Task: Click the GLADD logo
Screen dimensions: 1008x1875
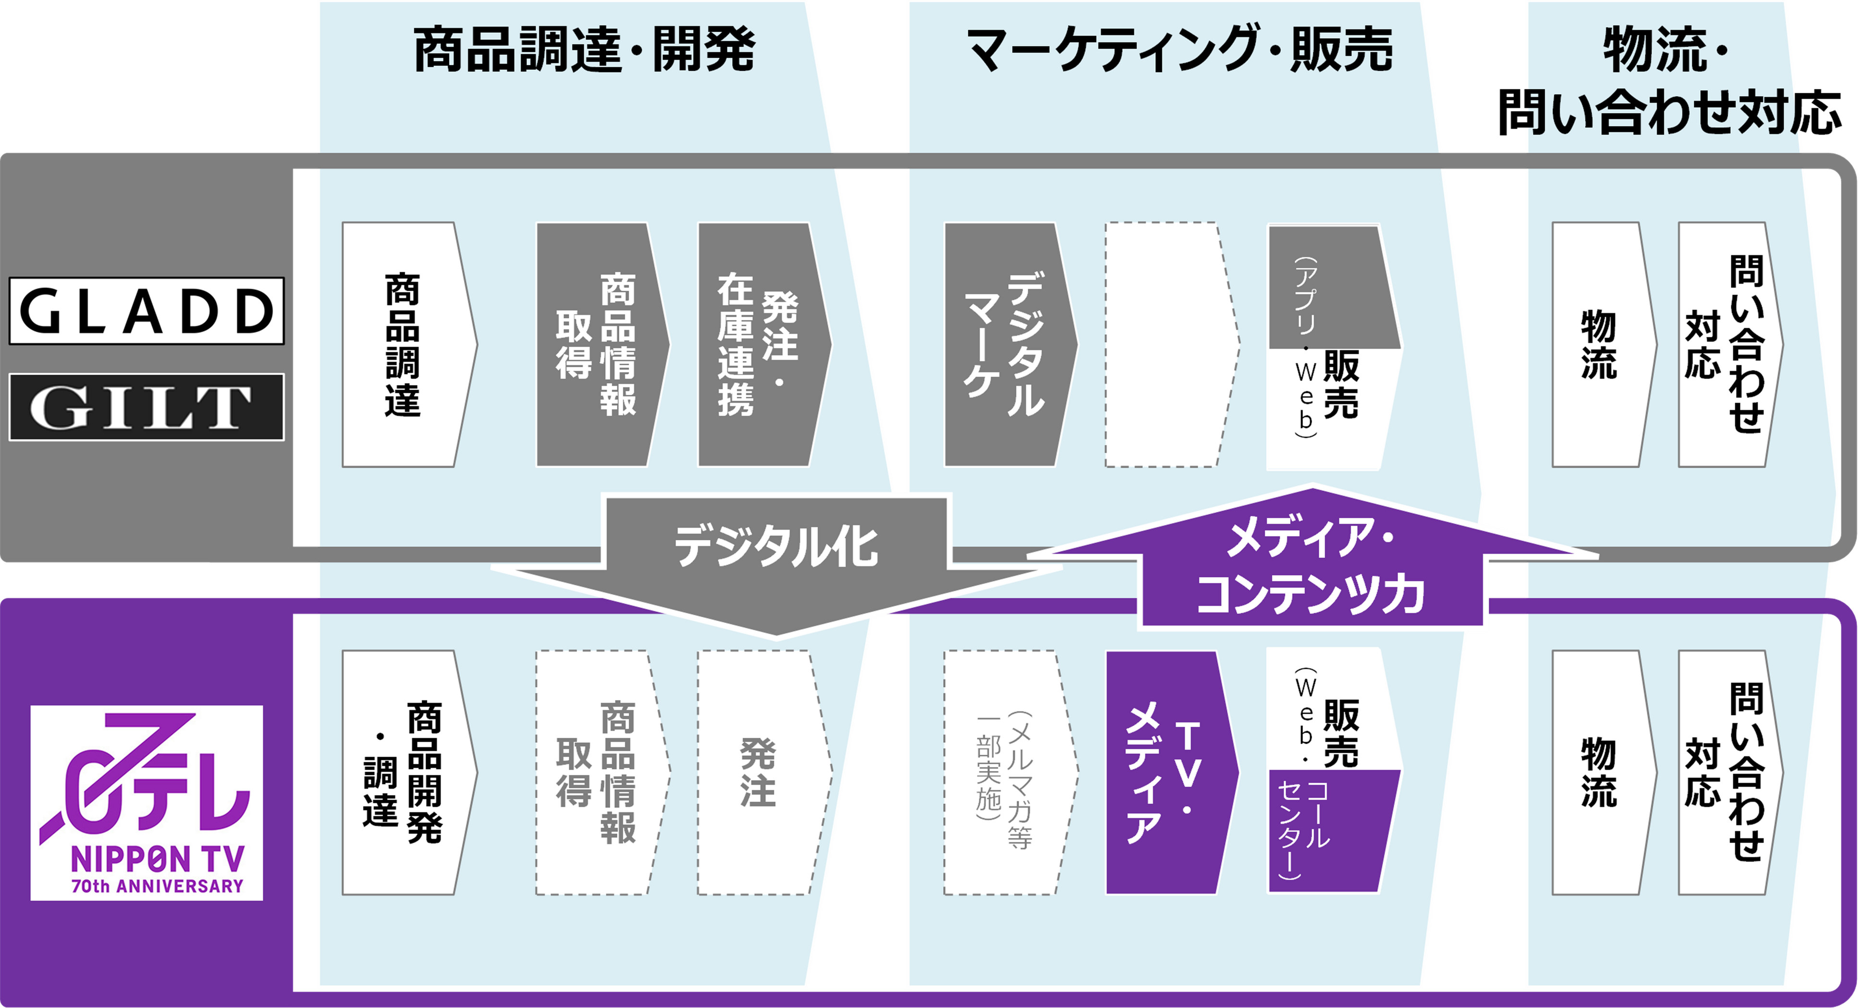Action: click(146, 311)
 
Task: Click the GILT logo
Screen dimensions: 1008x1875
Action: click(146, 407)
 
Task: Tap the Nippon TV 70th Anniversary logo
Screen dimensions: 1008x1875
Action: click(146, 803)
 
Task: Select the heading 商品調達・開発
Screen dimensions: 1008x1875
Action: click(585, 51)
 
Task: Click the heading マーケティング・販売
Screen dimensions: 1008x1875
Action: click(1179, 51)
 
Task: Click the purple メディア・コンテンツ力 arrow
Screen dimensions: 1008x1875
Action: click(1310, 568)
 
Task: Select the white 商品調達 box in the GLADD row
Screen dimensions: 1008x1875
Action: click(404, 344)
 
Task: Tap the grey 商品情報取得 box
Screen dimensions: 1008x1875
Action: click(597, 344)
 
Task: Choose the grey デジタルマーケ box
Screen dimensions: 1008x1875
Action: click(1004, 344)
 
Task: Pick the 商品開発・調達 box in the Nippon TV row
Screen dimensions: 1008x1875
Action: click(404, 772)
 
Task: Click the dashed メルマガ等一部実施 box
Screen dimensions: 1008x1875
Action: click(1004, 772)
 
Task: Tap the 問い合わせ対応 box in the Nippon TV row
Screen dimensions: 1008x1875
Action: click(1725, 772)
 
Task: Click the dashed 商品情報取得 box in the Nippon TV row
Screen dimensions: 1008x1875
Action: click(597, 772)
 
